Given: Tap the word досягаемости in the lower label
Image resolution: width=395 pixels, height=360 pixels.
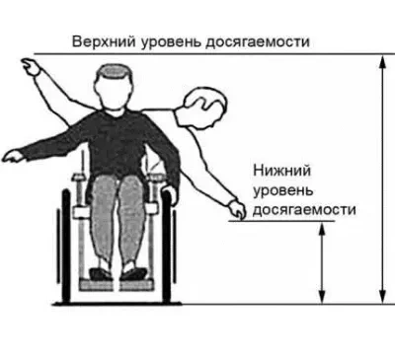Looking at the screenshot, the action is (303, 209).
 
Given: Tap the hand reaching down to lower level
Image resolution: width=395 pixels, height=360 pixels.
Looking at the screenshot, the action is (234, 208).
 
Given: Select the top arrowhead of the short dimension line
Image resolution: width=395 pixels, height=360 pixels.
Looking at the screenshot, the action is (321, 228).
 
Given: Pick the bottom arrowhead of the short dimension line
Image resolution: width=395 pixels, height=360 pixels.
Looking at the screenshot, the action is (321, 297).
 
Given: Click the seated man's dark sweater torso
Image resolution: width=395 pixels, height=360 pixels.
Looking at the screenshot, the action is (118, 138).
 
